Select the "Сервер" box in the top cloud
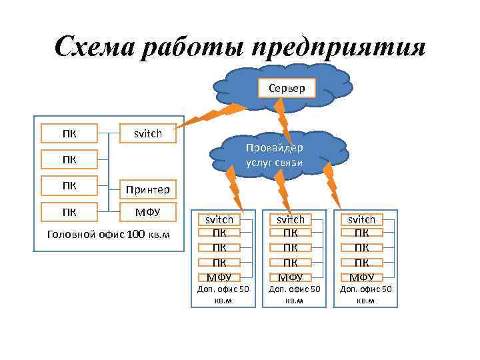tap(287, 88)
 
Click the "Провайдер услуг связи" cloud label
tap(281, 155)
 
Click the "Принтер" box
tap(147, 190)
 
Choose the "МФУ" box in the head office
tap(147, 213)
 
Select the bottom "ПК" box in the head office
tap(69, 213)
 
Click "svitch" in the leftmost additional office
tap(219, 219)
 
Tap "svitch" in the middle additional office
tap(290, 219)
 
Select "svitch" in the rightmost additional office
tap(362, 219)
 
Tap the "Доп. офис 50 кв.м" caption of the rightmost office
tap(365, 294)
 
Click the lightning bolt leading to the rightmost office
tap(333, 187)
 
